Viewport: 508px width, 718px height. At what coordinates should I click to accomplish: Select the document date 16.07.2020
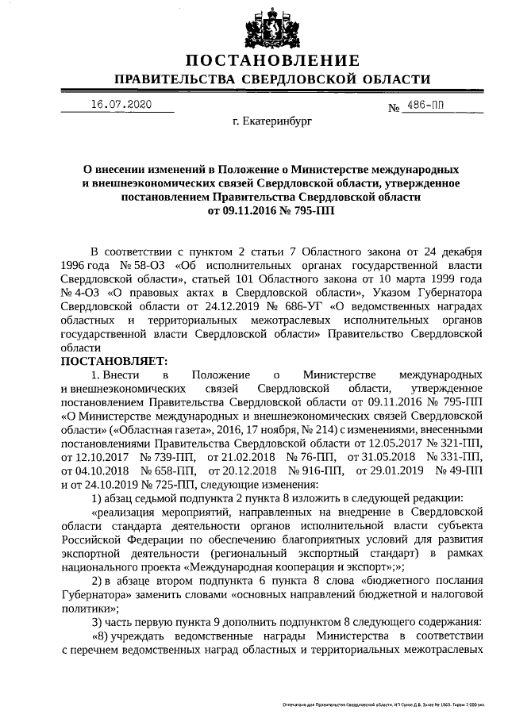tap(121, 105)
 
